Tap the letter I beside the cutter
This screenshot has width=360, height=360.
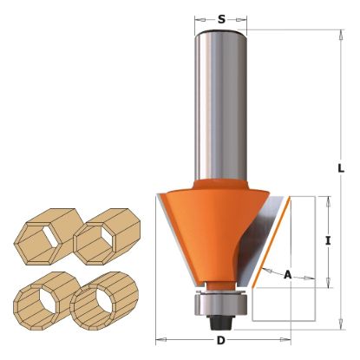(328, 243)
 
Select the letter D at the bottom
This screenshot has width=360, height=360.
(219, 341)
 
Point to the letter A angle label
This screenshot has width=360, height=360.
(288, 274)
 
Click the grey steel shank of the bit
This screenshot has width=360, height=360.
(221, 104)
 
